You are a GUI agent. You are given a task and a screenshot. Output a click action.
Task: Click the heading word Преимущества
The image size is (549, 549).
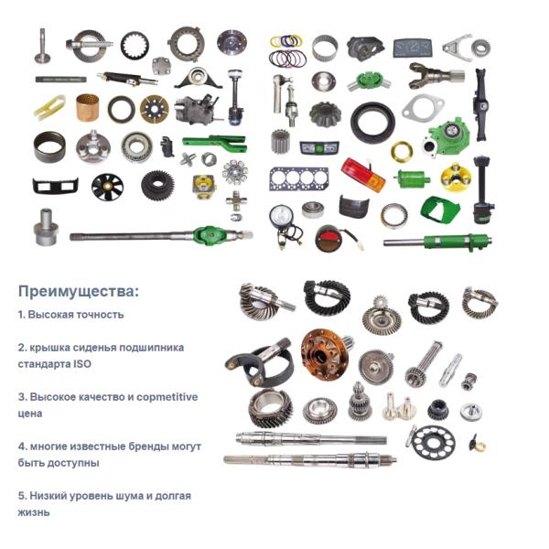click(76, 291)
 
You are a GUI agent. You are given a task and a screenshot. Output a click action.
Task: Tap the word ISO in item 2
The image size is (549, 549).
click(82, 364)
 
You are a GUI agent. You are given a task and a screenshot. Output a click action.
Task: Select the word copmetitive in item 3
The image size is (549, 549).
click(167, 397)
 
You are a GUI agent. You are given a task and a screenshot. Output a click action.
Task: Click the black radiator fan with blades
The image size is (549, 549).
click(107, 187)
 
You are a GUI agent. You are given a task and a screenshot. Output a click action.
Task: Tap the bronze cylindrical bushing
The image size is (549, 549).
click(87, 107)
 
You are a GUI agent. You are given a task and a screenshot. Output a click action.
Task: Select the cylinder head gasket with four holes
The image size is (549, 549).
click(298, 178)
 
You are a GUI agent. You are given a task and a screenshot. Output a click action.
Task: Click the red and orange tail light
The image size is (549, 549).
click(363, 175)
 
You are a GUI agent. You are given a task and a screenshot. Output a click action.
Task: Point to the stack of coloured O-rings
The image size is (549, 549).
click(287, 51)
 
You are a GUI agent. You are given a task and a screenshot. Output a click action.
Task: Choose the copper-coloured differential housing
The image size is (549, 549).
click(325, 354)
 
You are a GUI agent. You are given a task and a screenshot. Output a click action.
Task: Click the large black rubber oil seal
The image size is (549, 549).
click(372, 121)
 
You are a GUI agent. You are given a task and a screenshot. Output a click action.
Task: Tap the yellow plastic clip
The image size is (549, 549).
click(50, 107)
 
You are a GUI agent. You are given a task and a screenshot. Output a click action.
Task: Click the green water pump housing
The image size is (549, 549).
click(448, 135)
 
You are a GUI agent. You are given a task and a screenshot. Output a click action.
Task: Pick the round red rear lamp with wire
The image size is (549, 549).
click(333, 239)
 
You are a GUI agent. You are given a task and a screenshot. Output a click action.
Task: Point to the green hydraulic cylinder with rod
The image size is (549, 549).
click(437, 242)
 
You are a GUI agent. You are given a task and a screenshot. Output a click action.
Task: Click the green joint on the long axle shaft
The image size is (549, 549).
click(210, 234)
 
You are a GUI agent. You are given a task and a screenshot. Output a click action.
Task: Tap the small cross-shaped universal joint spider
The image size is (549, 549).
click(235, 200)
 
